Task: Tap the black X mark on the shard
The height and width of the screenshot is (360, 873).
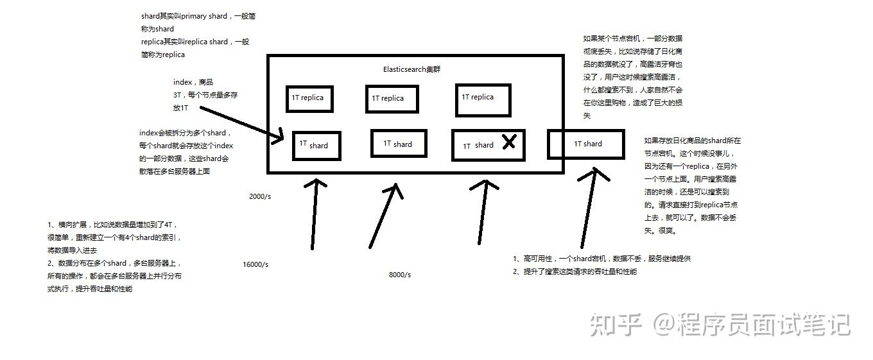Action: click(x=508, y=142)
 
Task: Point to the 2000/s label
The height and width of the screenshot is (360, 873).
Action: click(x=260, y=196)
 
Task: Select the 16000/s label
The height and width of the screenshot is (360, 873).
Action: click(x=255, y=264)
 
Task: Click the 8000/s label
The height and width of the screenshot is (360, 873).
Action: click(x=400, y=275)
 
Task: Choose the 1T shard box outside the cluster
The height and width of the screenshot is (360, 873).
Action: click(x=586, y=144)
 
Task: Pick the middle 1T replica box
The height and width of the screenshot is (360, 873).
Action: click(x=392, y=99)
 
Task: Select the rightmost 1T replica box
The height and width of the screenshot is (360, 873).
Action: click(x=483, y=99)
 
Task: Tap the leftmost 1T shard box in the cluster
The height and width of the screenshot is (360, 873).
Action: click(x=316, y=146)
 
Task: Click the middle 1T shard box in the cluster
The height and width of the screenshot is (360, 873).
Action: click(x=399, y=144)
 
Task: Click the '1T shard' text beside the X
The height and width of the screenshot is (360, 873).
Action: click(x=478, y=146)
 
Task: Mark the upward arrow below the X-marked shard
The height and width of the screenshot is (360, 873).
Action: click(x=483, y=212)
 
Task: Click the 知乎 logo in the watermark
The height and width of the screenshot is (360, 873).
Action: click(x=616, y=325)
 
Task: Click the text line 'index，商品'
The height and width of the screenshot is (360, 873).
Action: click(x=193, y=82)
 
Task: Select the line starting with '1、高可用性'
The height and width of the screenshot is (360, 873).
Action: click(x=601, y=259)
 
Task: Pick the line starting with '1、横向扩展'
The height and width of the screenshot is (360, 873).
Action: click(x=112, y=225)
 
